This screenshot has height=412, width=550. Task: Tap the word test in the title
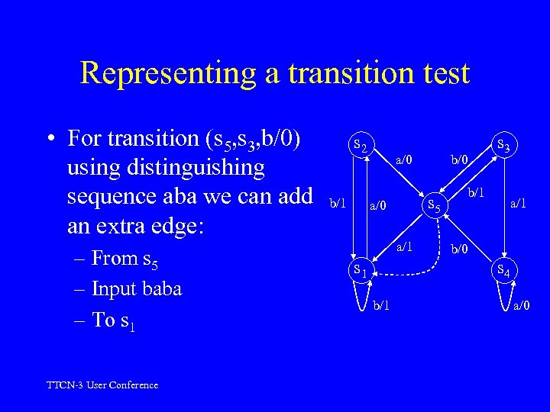click(441, 74)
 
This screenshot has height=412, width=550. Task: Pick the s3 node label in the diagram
click(504, 143)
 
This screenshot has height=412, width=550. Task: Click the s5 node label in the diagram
click(433, 204)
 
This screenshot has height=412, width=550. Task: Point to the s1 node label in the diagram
click(361, 270)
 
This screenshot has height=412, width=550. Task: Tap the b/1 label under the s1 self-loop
click(380, 305)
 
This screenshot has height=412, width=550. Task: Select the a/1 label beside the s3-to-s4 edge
click(519, 203)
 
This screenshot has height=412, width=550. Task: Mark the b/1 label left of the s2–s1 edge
click(337, 204)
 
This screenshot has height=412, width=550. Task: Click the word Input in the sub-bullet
click(112, 289)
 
